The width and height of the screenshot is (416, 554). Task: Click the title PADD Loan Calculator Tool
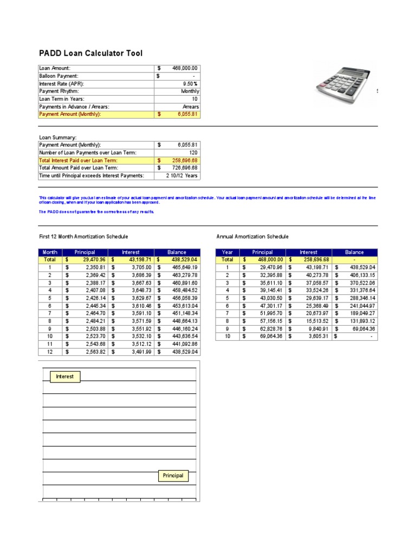91,53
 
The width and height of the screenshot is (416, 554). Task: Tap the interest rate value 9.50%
190,84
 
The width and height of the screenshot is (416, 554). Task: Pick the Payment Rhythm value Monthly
190,91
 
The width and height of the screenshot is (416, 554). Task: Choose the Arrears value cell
191,107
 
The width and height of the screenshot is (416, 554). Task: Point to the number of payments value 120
193,153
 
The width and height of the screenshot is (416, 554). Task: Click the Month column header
50,252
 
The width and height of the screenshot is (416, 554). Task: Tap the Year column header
227,252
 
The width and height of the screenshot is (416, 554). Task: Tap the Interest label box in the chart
65,377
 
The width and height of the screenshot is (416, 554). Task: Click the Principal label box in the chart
173,476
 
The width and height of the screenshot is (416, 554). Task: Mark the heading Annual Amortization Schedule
252,236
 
